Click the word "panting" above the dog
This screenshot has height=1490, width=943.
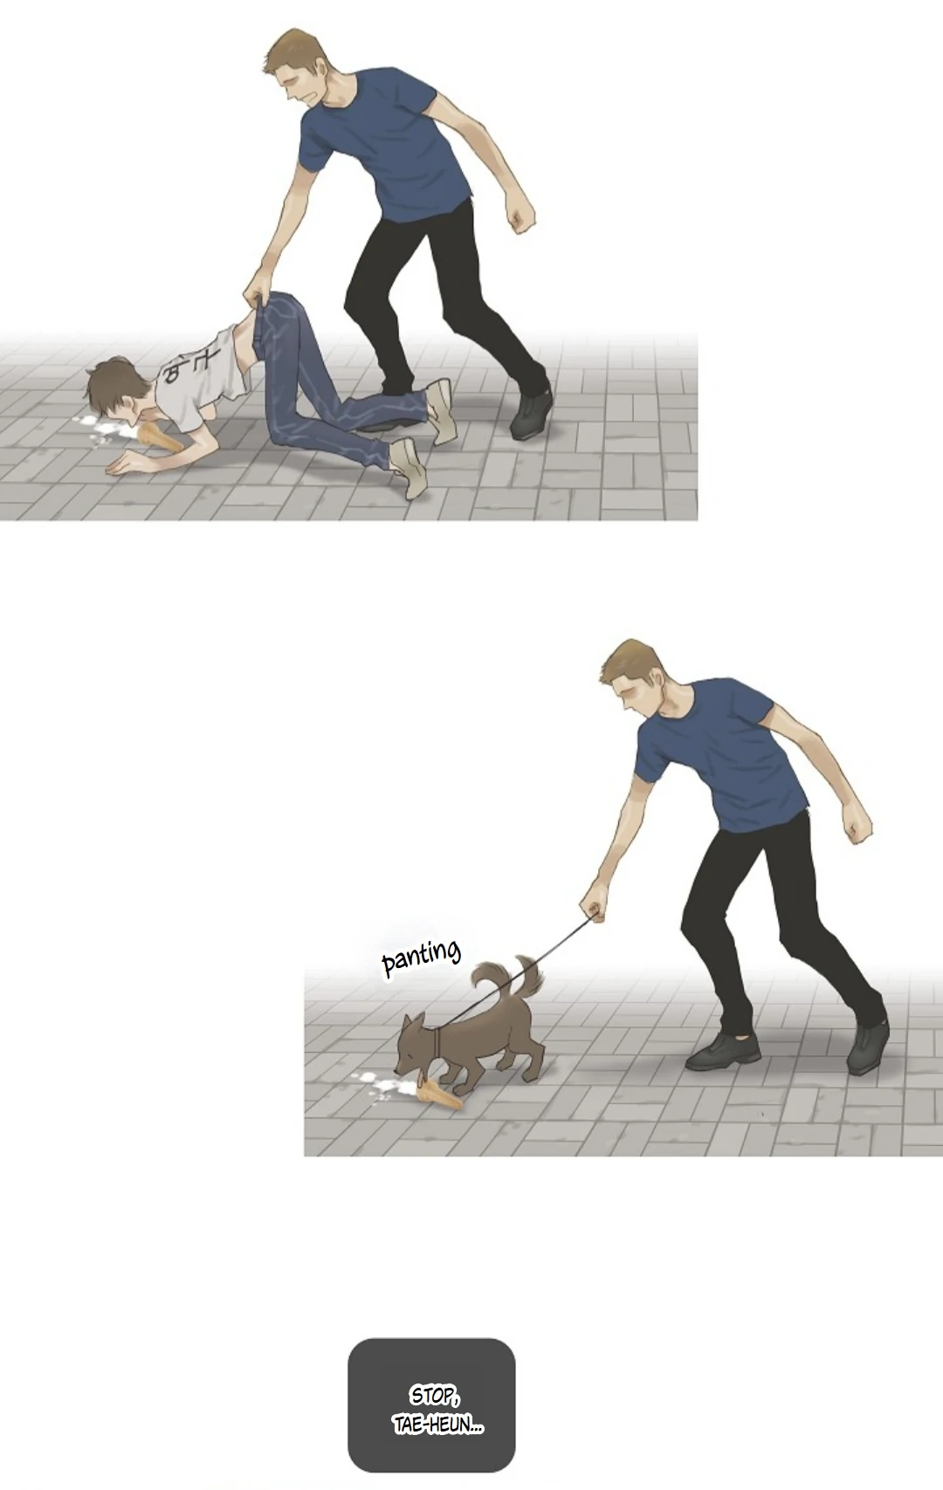(x=421, y=958)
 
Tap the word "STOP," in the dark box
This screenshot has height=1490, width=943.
(x=434, y=1395)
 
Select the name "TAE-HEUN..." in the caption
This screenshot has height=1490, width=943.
(x=438, y=1425)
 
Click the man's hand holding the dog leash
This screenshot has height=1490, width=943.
(x=592, y=907)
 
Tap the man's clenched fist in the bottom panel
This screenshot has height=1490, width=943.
(x=857, y=826)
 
